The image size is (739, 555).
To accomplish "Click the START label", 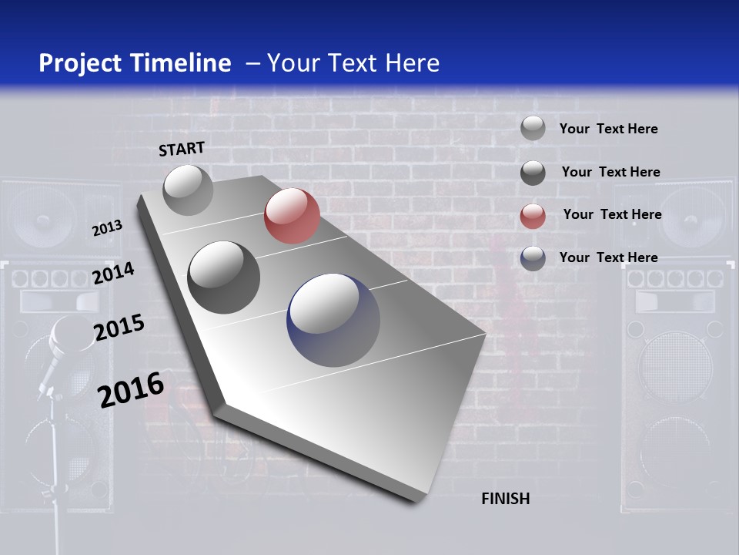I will tap(182, 149).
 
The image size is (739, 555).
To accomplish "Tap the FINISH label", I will tap(505, 499).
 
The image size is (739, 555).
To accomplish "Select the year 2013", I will tap(107, 228).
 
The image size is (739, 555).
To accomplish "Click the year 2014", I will tap(113, 273).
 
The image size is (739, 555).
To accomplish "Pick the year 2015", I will tap(119, 328).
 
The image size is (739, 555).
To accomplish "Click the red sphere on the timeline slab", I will tap(292, 216).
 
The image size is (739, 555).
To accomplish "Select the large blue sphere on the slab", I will tap(333, 320).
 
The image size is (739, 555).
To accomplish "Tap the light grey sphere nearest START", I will tap(188, 190).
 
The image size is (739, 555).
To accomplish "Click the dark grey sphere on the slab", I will tap(223, 277).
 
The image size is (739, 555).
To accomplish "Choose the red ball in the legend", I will tap(533, 216).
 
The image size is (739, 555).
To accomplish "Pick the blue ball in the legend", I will tap(533, 258).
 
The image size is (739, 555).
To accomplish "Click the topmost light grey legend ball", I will tap(533, 128).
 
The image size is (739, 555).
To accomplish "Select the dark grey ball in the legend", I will tap(533, 173).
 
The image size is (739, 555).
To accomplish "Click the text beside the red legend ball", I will tap(612, 214).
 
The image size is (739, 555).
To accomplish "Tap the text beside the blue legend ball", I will tap(608, 257).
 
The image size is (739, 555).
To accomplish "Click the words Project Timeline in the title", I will tap(135, 63).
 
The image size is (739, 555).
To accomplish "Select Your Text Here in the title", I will tap(353, 63).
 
